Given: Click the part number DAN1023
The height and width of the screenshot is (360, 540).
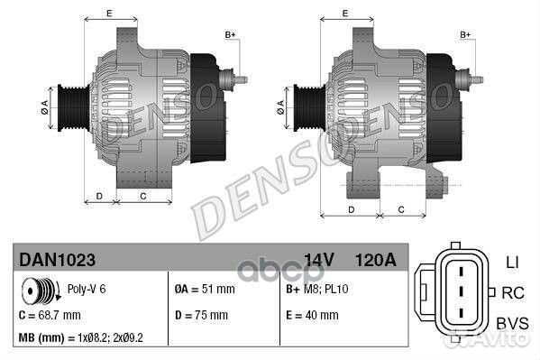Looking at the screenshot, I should coord(57,259).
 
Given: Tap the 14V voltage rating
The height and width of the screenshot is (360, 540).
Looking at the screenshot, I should coord(319,259).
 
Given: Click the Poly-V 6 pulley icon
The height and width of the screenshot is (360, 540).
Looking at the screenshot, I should coord(38,291).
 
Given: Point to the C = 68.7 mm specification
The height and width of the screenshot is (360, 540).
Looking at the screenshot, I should coord(50,315).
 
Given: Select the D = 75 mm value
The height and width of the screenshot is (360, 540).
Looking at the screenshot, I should coord(201,315).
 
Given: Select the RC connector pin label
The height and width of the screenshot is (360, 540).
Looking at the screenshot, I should coord(511,292).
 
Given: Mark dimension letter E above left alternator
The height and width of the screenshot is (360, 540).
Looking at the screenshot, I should coord(108,14).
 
